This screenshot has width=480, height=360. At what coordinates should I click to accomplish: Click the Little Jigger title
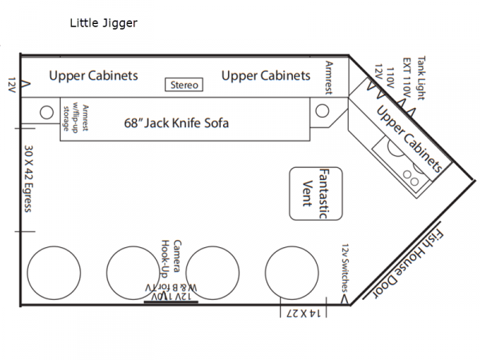[x=103, y=23]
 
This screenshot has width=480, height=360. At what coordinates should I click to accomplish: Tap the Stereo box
[x=184, y=85]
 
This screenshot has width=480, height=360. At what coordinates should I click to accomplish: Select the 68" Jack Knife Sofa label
[x=176, y=123]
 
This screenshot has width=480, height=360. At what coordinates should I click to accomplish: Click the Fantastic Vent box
[x=316, y=194]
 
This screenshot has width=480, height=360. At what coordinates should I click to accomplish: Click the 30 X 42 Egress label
[x=28, y=178]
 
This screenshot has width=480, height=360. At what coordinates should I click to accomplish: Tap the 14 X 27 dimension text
[x=303, y=314]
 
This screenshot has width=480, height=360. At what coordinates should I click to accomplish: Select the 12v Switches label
[x=345, y=267]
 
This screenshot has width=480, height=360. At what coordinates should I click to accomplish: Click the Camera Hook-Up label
[x=171, y=258]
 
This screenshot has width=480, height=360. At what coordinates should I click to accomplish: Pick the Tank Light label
[x=422, y=78]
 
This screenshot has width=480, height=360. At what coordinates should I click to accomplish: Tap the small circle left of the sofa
[x=46, y=112]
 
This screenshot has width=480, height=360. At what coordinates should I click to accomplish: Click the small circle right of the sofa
[x=322, y=110]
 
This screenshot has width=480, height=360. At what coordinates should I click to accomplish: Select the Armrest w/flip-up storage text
[x=75, y=118]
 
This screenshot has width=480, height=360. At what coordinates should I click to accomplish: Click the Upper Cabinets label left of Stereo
[x=94, y=76]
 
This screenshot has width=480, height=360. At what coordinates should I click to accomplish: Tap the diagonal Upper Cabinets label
[x=410, y=139]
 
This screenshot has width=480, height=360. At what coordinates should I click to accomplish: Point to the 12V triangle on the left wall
[x=26, y=84]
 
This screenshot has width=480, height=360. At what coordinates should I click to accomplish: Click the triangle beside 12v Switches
[x=345, y=299]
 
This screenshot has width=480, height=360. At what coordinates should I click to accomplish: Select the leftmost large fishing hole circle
[x=54, y=273]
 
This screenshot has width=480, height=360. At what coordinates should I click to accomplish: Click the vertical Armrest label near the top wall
[x=329, y=78]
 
